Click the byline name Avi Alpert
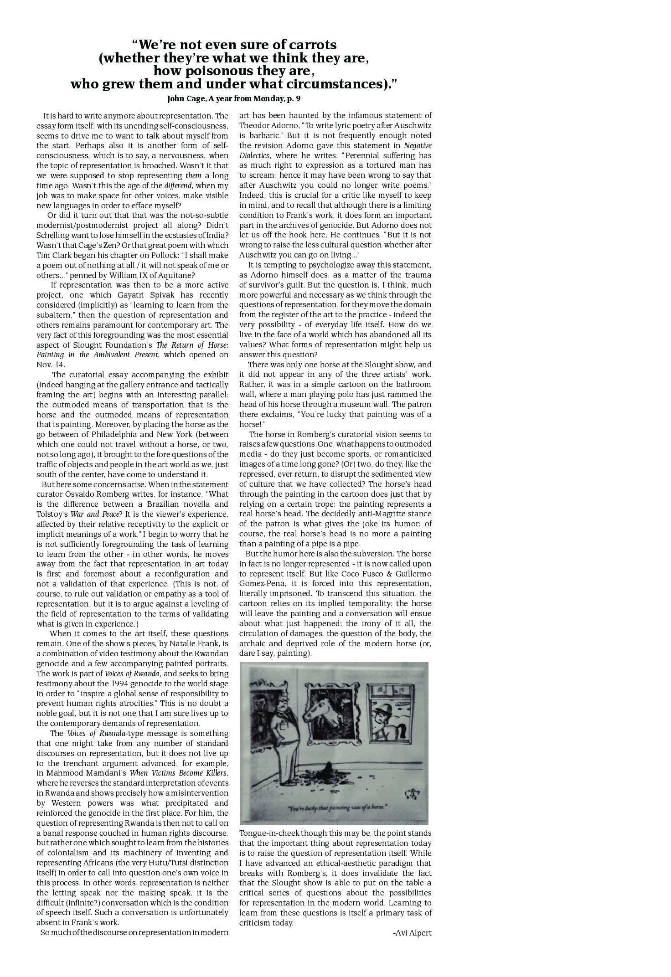point(413,932)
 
